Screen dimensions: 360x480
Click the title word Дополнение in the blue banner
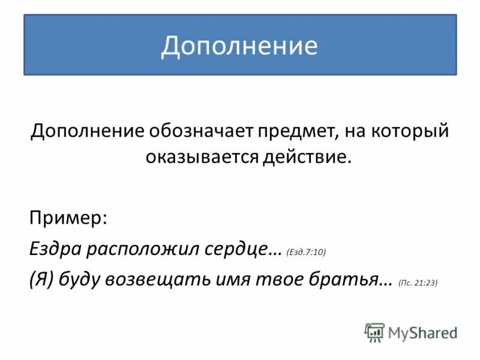tap(239, 46)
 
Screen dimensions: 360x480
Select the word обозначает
tap(197, 131)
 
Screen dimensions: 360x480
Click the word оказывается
tap(202, 157)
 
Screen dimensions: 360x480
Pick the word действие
tap(306, 157)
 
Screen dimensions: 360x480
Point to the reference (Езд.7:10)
tap(306, 253)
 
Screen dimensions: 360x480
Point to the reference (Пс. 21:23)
tap(418, 283)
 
